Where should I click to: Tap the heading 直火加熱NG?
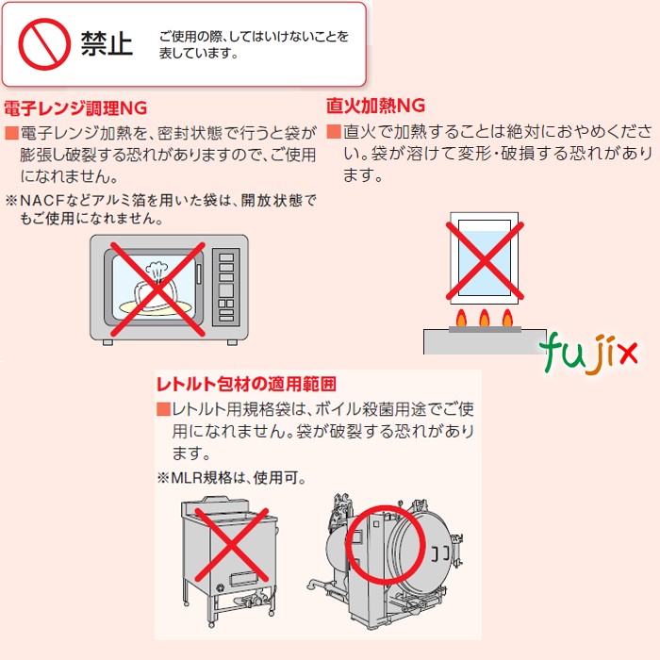pyautogui.click(x=375, y=104)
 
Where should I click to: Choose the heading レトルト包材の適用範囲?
pyautogui.click(x=246, y=384)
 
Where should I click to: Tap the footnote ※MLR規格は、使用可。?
pyautogui.click(x=232, y=478)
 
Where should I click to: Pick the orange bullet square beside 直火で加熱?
pyautogui.click(x=333, y=131)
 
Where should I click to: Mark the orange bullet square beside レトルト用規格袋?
pyautogui.click(x=163, y=409)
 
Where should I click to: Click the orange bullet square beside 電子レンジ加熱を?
pyautogui.click(x=11, y=133)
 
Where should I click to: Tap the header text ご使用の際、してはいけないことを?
pyautogui.click(x=253, y=36)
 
